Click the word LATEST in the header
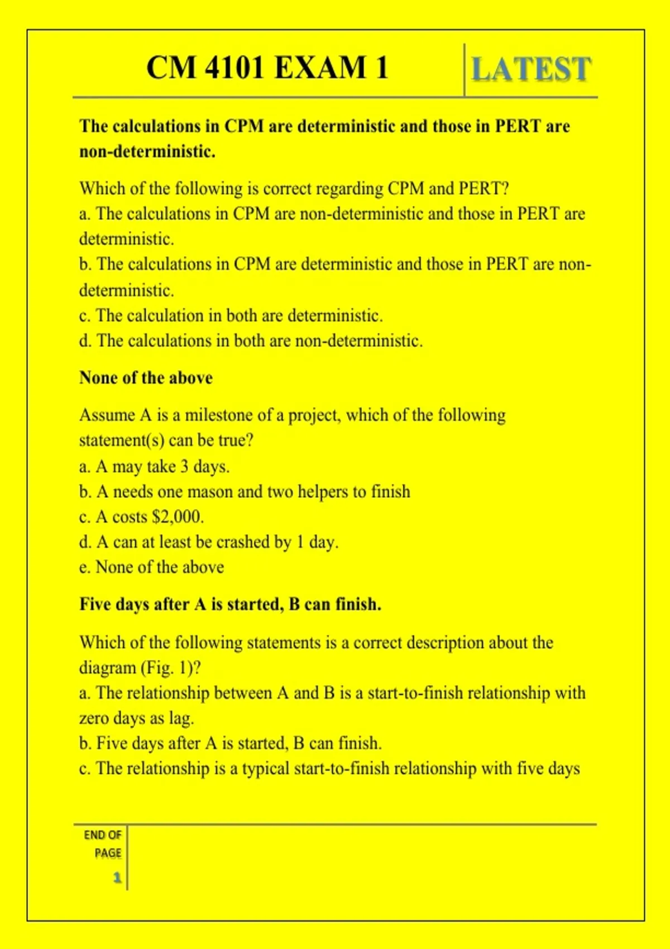531,70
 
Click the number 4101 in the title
234,68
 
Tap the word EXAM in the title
320,68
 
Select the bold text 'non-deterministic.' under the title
147,151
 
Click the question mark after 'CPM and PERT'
505,189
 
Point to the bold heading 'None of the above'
146,378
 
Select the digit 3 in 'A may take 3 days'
184,466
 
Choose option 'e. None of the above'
151,567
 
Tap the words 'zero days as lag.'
136,718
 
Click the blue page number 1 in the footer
117,878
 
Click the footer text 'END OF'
103,835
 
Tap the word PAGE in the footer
108,853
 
